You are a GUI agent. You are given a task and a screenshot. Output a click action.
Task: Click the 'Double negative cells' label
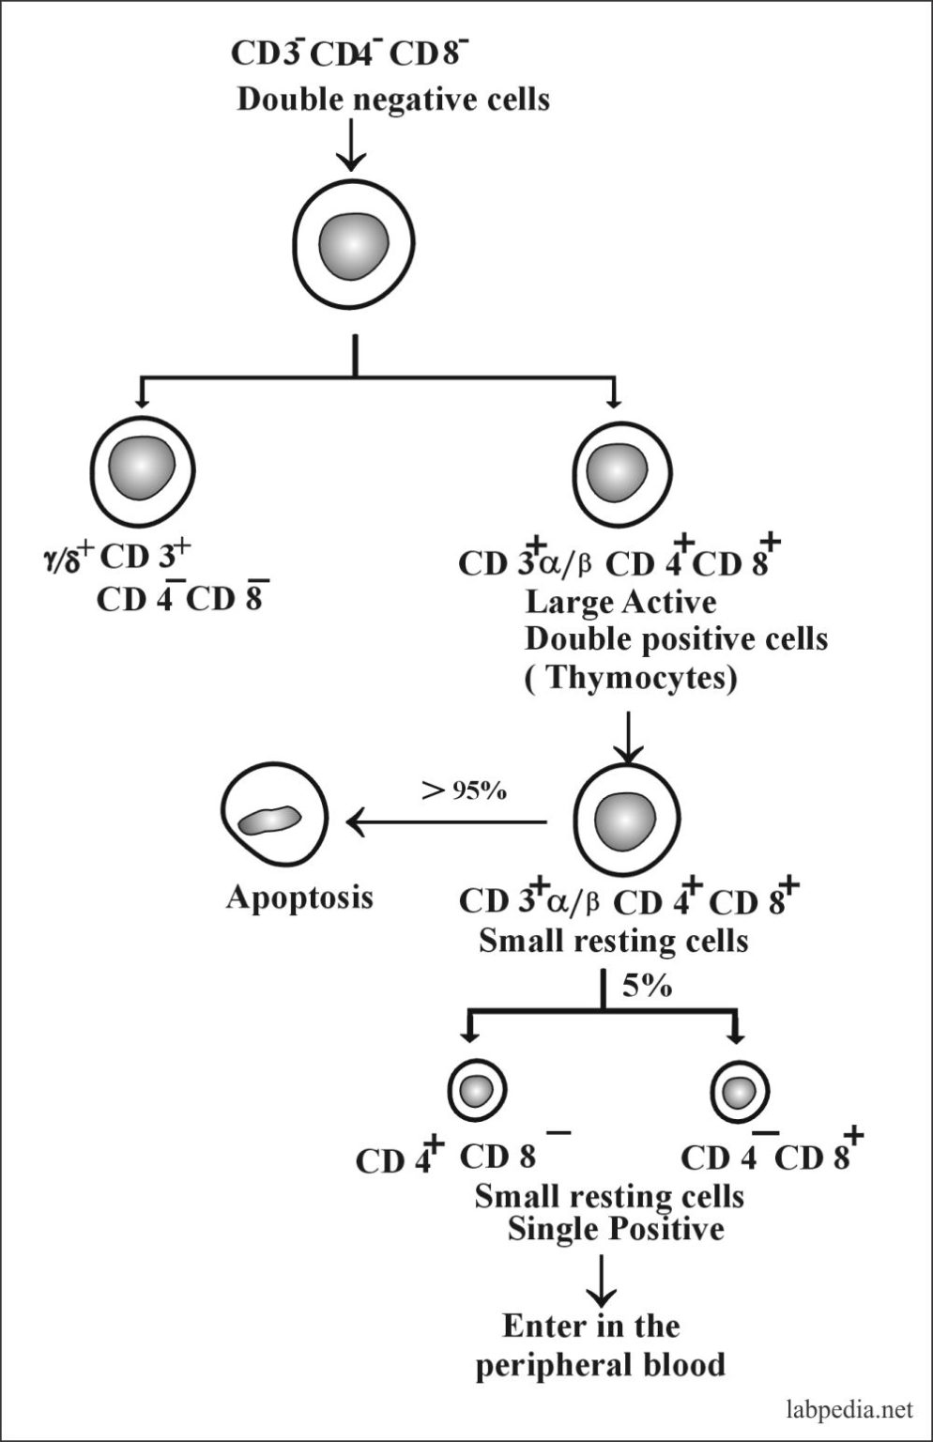pos(392,100)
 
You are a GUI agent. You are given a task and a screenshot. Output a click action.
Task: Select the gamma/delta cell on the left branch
pos(142,468)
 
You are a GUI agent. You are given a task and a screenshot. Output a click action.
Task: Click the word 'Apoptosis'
pos(299,897)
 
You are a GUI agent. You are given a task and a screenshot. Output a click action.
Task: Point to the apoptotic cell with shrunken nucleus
pos(274,819)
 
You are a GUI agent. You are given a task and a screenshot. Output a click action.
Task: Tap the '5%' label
pos(647,987)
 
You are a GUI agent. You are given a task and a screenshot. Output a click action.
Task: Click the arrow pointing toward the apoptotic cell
pos(446,822)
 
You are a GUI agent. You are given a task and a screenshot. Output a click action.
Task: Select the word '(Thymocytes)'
pos(630,678)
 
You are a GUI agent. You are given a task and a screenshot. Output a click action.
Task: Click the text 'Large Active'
pos(619,601)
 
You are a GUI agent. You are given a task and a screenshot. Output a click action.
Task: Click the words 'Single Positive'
pos(616,1229)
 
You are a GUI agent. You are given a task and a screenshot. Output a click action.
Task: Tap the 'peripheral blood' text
pos(601,1364)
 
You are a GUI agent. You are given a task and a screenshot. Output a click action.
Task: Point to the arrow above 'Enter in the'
pos(601,1278)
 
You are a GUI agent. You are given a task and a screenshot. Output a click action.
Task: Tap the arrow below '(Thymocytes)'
pos(627,737)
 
